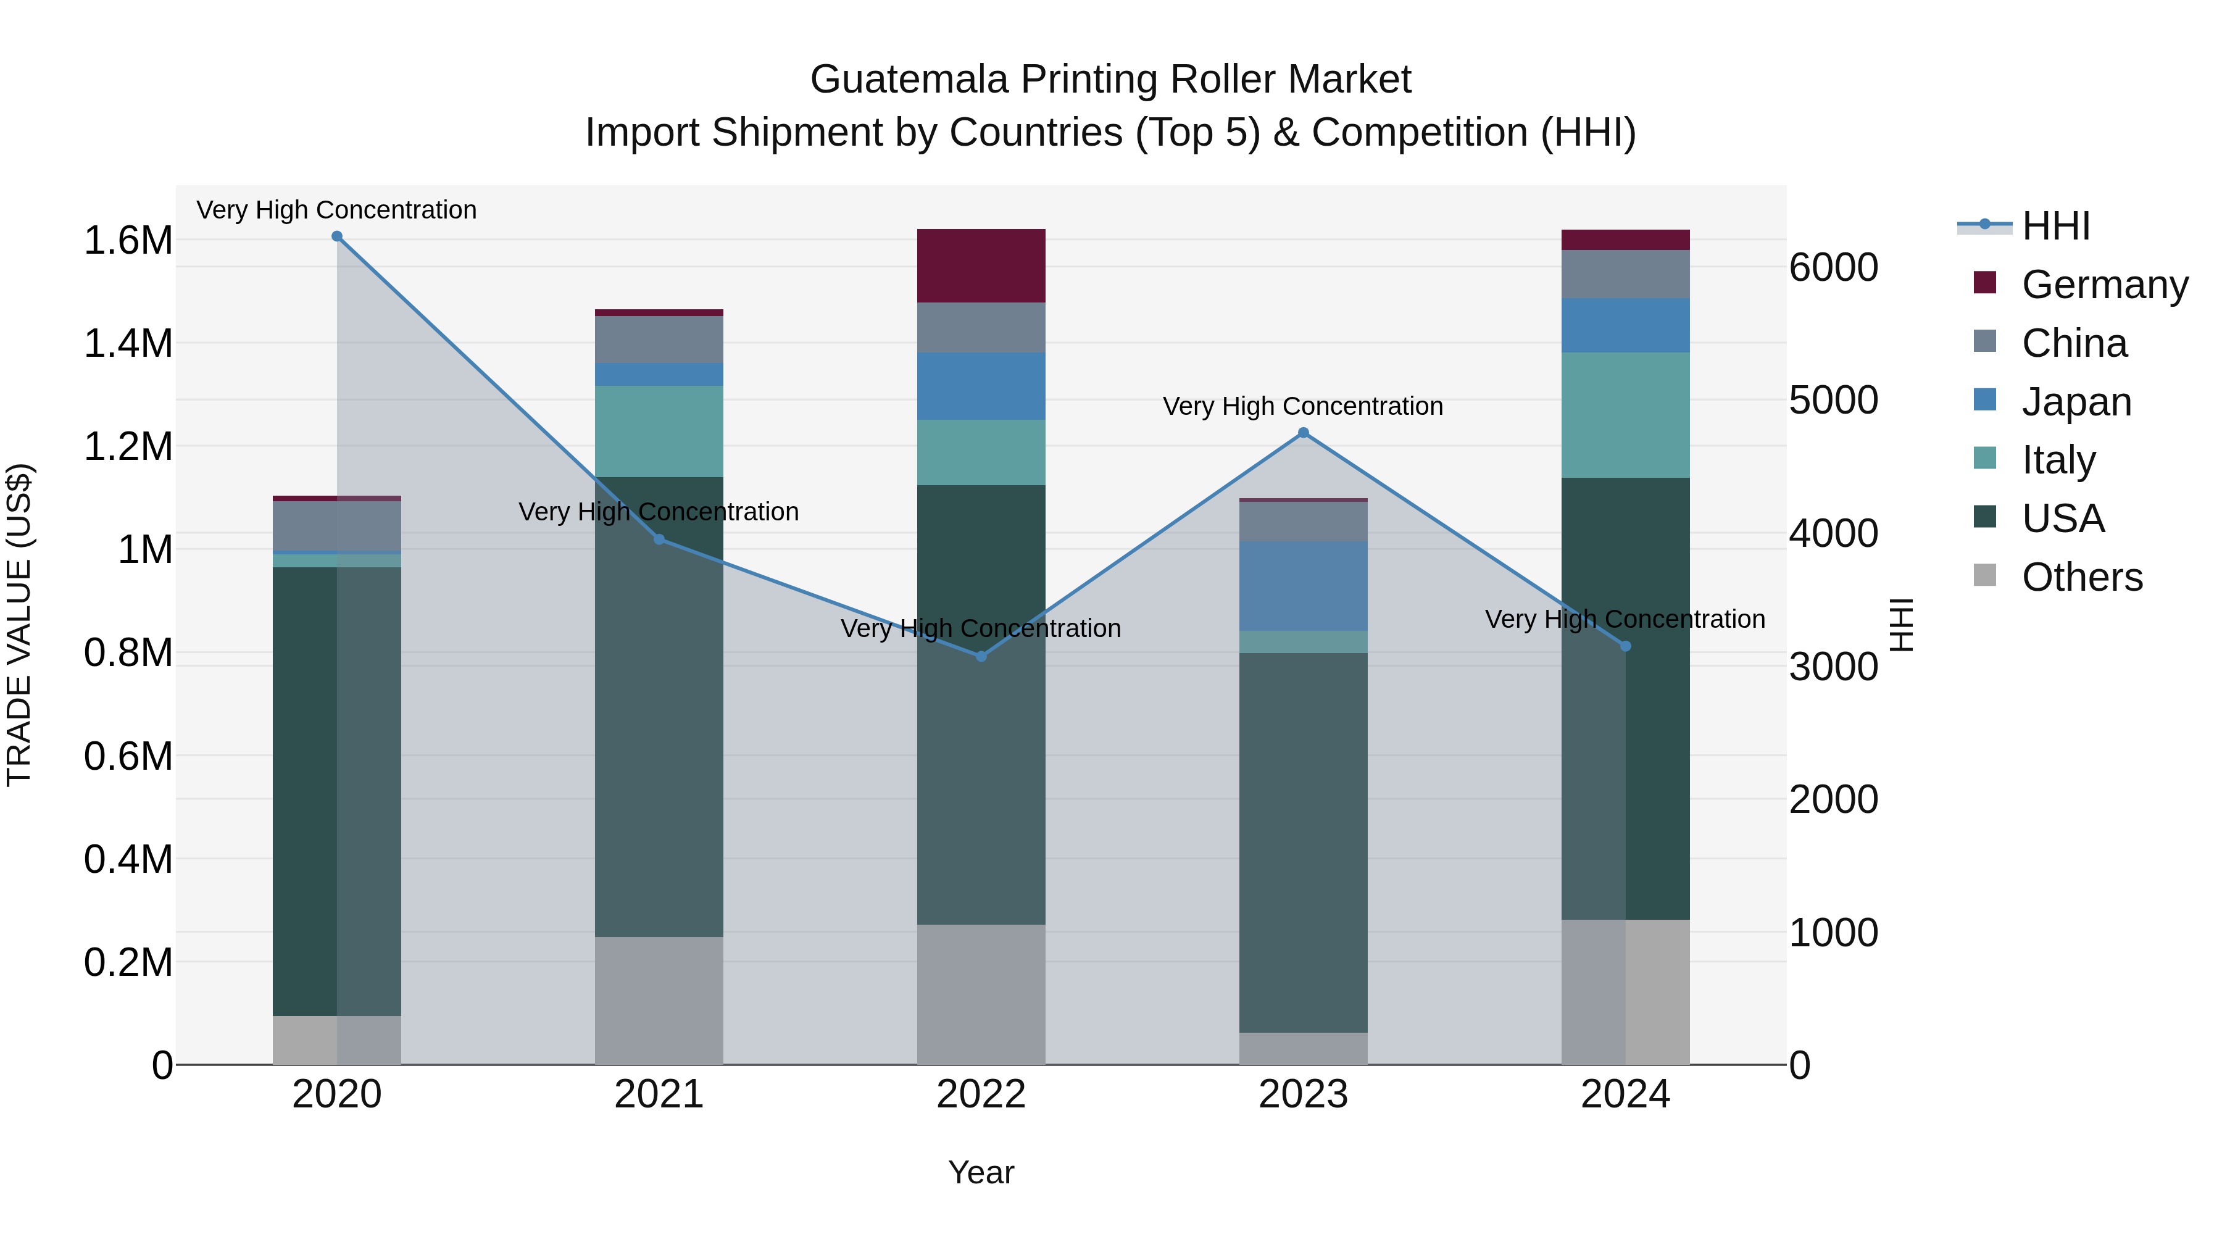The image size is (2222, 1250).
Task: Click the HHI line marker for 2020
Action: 336,236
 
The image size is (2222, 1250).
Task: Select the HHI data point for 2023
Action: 1304,433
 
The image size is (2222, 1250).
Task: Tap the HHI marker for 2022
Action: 981,657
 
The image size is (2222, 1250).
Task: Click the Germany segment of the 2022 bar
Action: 981,265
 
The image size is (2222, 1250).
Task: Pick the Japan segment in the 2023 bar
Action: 1304,586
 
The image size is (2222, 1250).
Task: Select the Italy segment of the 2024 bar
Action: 1625,415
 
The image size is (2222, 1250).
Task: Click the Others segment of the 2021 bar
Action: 659,1001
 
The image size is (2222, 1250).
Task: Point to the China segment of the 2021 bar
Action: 659,340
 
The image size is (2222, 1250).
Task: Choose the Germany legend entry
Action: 2104,285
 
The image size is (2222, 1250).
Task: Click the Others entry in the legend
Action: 2081,577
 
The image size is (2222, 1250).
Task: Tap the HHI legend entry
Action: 2055,226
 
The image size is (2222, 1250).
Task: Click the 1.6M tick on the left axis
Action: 128,241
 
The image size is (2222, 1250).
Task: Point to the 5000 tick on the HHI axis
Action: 1833,400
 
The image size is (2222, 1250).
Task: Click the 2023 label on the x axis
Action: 1304,1094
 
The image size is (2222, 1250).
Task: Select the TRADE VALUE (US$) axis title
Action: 19,625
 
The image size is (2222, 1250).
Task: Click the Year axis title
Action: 981,1173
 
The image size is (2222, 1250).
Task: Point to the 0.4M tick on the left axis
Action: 128,860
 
